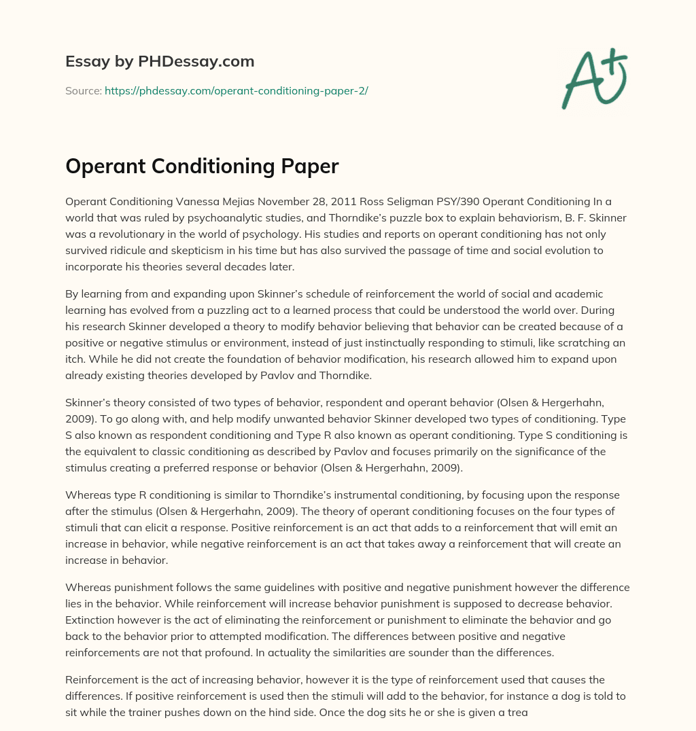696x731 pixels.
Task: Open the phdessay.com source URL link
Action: pos(236,90)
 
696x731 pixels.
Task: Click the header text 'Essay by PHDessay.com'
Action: pos(160,62)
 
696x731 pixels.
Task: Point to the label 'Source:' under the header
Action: pos(84,90)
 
